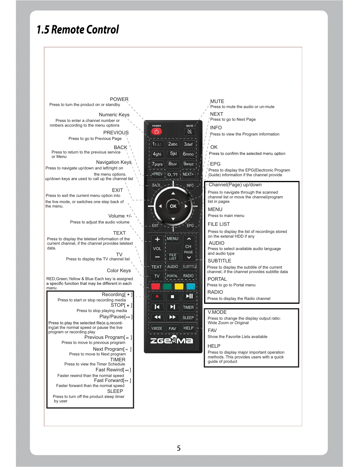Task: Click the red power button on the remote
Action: [157, 131]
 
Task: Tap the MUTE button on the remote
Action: [190, 131]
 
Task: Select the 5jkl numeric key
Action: [173, 154]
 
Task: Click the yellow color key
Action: [179, 286]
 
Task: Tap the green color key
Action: [167, 286]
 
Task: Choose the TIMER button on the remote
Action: [188, 307]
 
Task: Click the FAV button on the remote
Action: [172, 328]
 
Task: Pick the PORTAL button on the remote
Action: [172, 276]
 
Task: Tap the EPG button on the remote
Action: [190, 226]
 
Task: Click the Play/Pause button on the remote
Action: [189, 296]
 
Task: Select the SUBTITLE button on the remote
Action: [190, 267]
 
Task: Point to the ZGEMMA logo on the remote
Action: [172, 340]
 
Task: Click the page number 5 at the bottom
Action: [179, 448]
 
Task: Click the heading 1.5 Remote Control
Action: [78, 30]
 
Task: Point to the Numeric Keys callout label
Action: [114, 115]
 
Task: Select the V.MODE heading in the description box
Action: [217, 312]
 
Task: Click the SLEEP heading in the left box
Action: [115, 391]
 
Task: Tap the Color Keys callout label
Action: [119, 271]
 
